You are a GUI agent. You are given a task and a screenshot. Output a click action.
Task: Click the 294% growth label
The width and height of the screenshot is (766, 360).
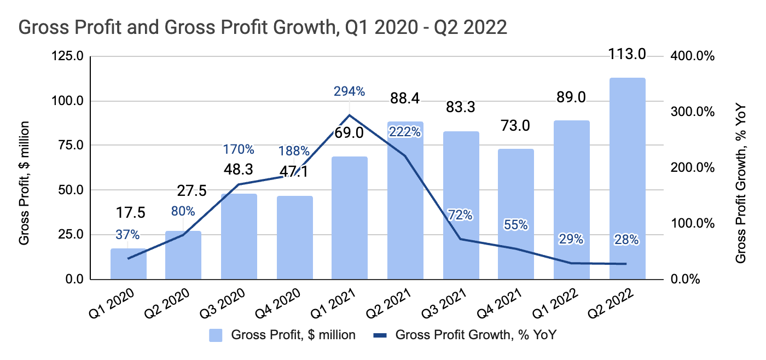coord(349,91)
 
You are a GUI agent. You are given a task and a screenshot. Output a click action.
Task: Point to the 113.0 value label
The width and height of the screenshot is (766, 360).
coord(627,54)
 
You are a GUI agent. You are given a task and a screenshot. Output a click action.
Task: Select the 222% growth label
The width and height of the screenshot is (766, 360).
coord(405,132)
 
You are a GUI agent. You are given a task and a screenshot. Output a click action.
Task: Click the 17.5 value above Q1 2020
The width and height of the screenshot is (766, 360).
coord(129,213)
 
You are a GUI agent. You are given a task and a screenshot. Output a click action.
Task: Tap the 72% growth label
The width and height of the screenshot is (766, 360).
coord(460,215)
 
